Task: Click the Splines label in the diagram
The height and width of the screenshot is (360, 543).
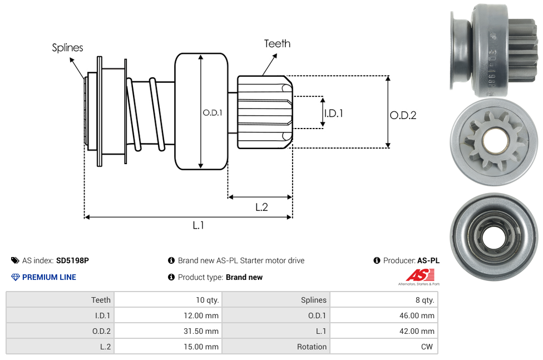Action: (x=67, y=47)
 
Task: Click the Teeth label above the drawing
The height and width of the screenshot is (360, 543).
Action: (x=278, y=43)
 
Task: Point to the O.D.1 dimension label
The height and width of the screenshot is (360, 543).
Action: (x=213, y=112)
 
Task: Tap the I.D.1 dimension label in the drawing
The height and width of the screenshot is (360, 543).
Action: (x=333, y=114)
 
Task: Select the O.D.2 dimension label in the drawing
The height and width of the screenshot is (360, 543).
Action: (x=403, y=115)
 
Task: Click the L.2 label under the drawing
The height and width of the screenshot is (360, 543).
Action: (x=261, y=207)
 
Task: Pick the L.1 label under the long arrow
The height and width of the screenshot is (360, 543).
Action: (x=198, y=225)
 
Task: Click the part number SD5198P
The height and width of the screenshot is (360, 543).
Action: (x=72, y=260)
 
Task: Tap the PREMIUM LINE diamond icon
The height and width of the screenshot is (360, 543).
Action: (x=15, y=277)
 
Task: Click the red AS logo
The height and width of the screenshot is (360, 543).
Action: (x=420, y=275)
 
